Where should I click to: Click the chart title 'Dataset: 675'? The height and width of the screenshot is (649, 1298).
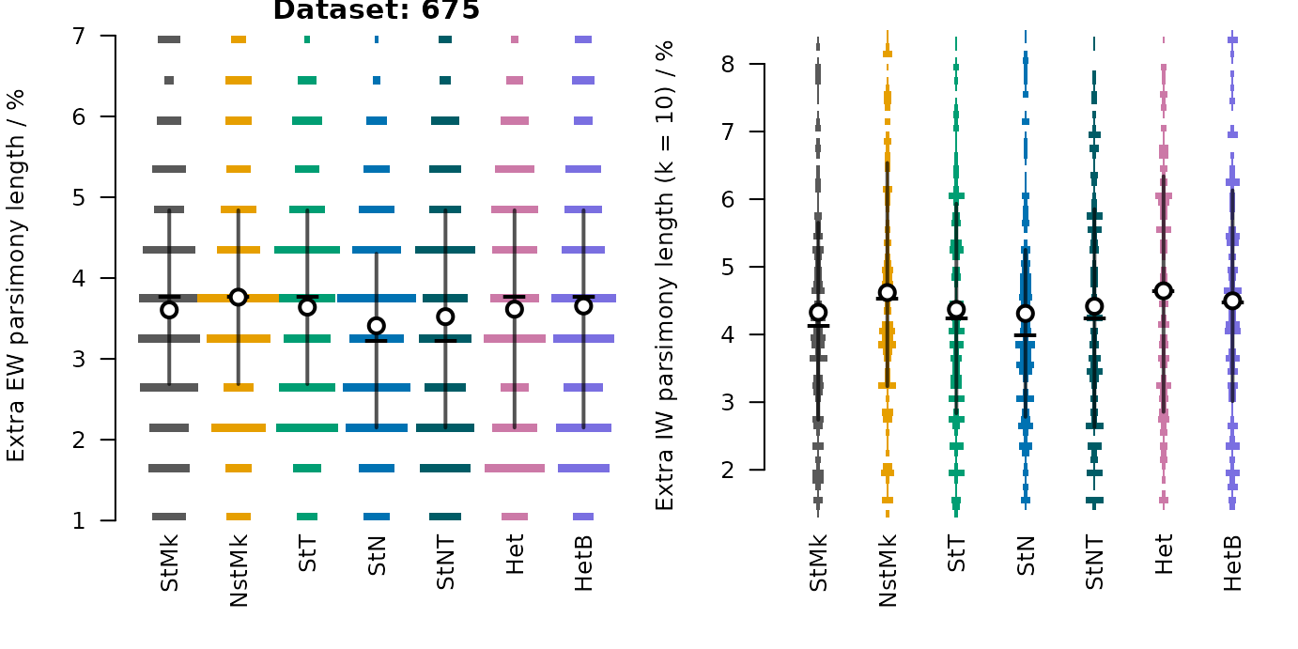(x=376, y=9)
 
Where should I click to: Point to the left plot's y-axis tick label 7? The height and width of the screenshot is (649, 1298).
(x=79, y=37)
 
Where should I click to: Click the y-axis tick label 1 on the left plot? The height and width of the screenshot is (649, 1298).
(x=79, y=521)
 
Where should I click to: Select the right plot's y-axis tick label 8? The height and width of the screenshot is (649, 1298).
(x=728, y=64)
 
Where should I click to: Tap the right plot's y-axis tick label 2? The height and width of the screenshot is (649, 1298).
(x=728, y=470)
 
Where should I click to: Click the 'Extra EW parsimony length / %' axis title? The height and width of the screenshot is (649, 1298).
(x=16, y=276)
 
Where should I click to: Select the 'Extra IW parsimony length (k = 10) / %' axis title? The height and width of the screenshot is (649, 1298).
(x=665, y=276)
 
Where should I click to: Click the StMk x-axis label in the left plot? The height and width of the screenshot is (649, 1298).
(x=169, y=564)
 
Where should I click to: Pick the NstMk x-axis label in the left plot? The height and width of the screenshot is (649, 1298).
(x=239, y=571)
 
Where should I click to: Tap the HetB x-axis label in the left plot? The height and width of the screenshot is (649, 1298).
(x=583, y=564)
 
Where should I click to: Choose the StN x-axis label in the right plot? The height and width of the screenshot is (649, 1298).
(x=1026, y=555)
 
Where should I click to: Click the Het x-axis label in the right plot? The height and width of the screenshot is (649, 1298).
(x=1164, y=554)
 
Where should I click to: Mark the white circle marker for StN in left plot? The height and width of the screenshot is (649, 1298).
(x=377, y=326)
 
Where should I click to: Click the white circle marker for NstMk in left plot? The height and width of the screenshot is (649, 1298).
(x=239, y=298)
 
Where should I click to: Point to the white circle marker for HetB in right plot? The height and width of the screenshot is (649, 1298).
(x=1232, y=301)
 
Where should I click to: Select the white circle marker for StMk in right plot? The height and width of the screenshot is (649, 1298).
(x=818, y=313)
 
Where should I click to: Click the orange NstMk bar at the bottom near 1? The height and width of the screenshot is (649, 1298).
(x=239, y=517)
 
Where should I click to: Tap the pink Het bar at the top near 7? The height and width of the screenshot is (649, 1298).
(x=515, y=39)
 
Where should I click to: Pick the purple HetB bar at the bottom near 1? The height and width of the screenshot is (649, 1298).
(x=583, y=517)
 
